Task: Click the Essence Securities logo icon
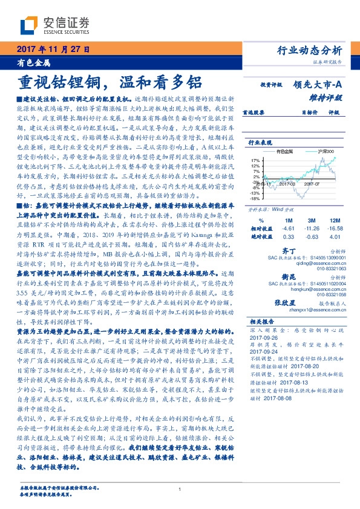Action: click(30, 25)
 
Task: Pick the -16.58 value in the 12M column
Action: click(332, 229)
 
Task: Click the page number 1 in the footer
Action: click(180, 489)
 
